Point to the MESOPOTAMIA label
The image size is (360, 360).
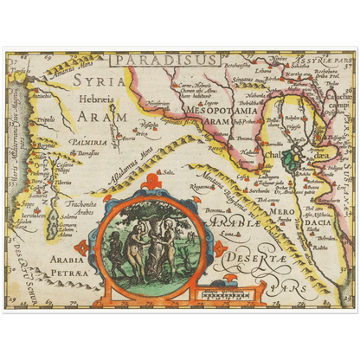211,110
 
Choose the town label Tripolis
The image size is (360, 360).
45,120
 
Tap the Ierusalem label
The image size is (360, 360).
32,214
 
